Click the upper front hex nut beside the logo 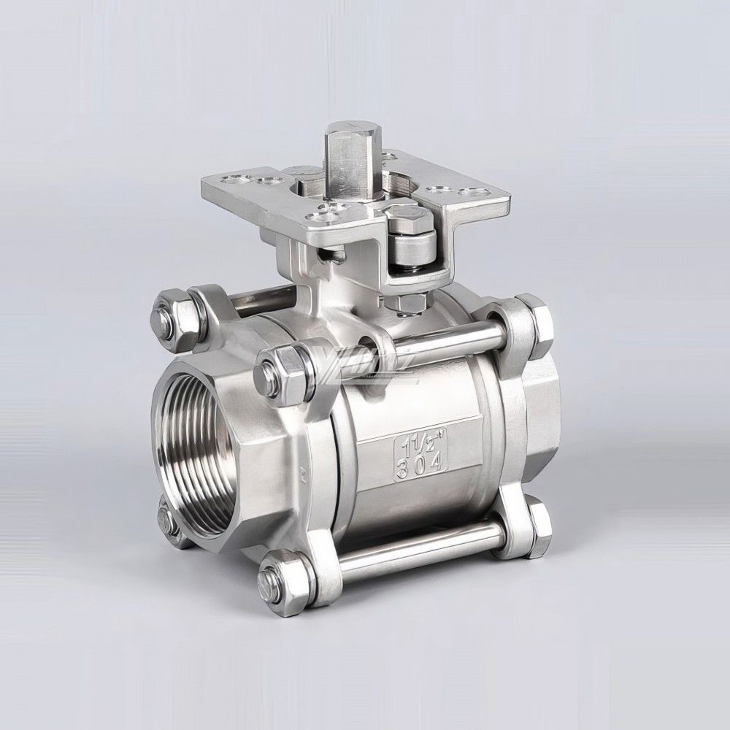click(278, 369)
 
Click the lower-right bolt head click(537, 527)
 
